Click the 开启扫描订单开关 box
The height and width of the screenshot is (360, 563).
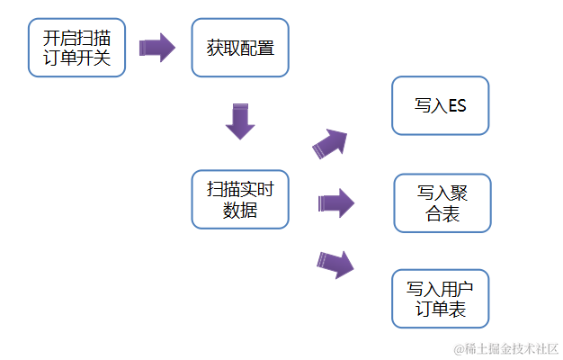click(x=77, y=48)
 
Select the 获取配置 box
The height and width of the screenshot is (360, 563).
click(x=240, y=48)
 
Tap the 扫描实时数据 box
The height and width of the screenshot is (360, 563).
click(x=240, y=199)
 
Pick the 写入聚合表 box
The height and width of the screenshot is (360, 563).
click(x=442, y=203)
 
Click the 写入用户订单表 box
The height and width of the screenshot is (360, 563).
click(x=441, y=299)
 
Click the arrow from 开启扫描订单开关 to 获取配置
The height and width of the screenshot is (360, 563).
click(x=157, y=48)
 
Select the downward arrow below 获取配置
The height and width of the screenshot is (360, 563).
click(x=240, y=121)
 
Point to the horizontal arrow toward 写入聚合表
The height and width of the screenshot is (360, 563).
click(x=335, y=202)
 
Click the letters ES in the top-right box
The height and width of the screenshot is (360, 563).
click(x=456, y=106)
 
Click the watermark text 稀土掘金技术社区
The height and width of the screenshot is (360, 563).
click(x=511, y=348)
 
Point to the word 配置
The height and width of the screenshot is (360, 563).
click(x=257, y=48)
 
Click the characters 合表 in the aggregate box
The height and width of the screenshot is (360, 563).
click(x=442, y=215)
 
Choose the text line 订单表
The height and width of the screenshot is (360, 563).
click(x=441, y=310)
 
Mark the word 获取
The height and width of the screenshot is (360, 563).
click(x=222, y=48)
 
